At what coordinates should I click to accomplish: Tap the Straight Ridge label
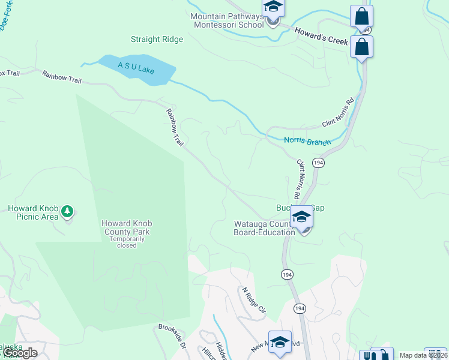(157, 40)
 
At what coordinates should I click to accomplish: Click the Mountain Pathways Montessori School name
(227, 20)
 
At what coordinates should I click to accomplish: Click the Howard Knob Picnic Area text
(33, 212)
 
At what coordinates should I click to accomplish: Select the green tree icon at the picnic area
(68, 211)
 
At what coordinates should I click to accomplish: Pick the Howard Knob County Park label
(127, 227)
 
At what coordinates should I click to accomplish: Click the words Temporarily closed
(127, 242)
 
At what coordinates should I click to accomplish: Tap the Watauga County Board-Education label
(260, 229)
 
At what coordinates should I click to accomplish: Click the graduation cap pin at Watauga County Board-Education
(302, 217)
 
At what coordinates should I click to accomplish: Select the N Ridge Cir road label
(253, 300)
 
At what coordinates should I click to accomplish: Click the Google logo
(19, 353)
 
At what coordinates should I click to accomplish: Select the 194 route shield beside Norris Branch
(319, 163)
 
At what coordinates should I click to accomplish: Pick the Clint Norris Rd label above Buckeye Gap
(298, 179)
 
